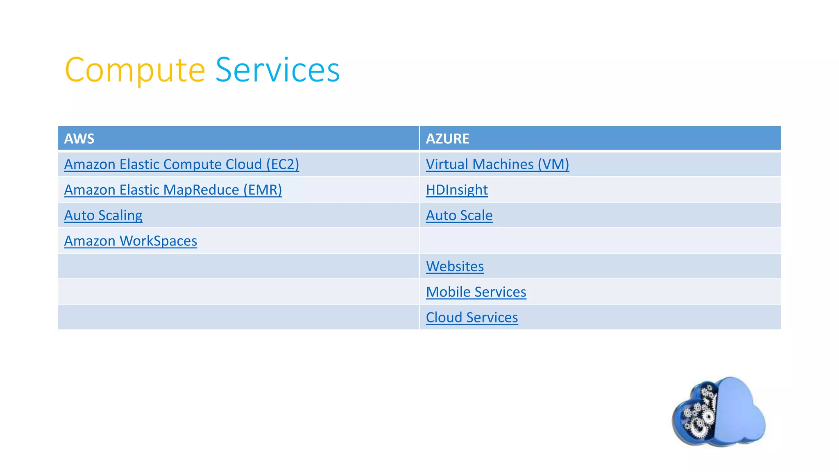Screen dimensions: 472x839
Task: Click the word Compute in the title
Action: click(135, 70)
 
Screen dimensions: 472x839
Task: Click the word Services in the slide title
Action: click(277, 70)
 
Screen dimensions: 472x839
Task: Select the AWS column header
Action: click(79, 138)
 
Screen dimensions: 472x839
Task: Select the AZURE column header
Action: click(447, 138)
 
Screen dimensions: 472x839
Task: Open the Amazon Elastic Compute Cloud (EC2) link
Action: click(181, 164)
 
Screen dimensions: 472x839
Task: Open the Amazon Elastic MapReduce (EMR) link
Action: click(173, 190)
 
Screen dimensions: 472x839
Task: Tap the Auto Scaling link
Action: click(103, 216)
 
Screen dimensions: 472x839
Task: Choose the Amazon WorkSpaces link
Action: click(130, 241)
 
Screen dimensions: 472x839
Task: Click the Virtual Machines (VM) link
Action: click(497, 164)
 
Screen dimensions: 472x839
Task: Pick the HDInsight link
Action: click(457, 190)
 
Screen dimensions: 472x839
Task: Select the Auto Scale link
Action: click(459, 216)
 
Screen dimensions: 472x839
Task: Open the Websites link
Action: click(455, 266)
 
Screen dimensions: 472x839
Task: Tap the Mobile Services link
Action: click(476, 292)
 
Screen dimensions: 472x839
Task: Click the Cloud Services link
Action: click(472, 318)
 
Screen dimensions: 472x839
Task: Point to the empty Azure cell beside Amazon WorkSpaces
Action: click(600, 241)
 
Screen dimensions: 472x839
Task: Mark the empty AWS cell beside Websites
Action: click(238, 266)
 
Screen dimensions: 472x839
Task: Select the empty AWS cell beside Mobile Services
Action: click(238, 292)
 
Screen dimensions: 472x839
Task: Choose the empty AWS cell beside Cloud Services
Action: click(238, 318)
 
